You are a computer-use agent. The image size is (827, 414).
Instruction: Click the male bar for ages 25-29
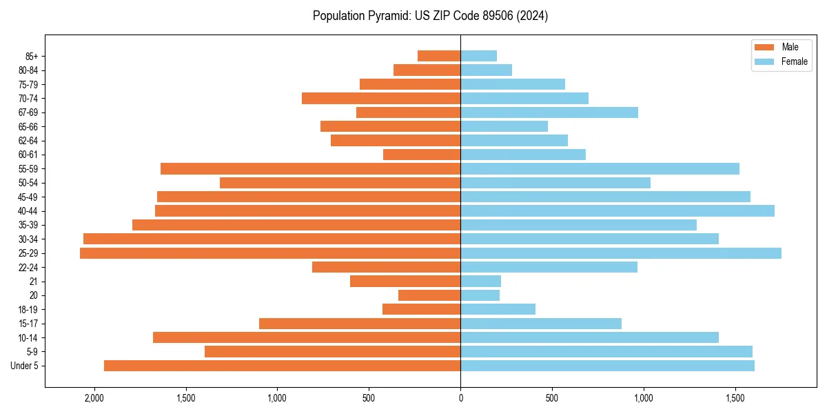(x=270, y=253)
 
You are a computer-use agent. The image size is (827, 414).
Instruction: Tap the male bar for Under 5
(x=282, y=366)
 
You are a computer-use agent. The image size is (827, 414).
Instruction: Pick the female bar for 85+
(x=478, y=56)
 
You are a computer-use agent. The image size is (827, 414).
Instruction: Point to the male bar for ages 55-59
(x=310, y=169)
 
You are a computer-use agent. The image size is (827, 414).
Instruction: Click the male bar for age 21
(x=405, y=282)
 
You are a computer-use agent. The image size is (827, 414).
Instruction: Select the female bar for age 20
(x=480, y=295)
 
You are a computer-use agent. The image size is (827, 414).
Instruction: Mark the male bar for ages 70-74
(x=381, y=99)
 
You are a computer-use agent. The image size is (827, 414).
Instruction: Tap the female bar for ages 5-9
(x=606, y=352)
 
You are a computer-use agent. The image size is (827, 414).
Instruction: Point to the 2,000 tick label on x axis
(x=94, y=399)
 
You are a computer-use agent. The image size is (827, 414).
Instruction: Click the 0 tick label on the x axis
(x=460, y=399)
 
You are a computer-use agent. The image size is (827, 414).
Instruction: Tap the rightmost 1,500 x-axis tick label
(x=735, y=399)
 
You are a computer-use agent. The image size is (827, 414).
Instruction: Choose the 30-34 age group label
(x=28, y=239)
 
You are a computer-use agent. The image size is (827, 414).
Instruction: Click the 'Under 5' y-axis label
(x=25, y=366)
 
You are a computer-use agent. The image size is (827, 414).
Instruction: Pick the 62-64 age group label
(x=28, y=141)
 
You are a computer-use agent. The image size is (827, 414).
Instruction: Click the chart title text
(x=430, y=16)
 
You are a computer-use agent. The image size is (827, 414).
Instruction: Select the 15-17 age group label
(x=28, y=324)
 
